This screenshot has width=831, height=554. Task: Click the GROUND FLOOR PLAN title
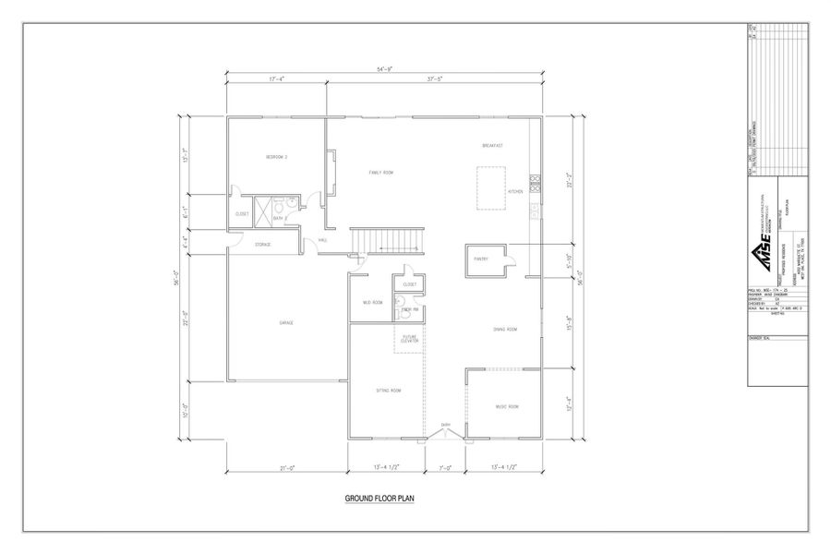pyautogui.click(x=382, y=499)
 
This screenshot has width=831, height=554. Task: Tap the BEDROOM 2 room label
pyautogui.click(x=277, y=157)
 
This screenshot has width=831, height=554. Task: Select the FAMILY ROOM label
pyautogui.click(x=381, y=173)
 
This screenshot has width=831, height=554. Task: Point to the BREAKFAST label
pyautogui.click(x=491, y=146)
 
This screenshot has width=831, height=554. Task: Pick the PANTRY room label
pyautogui.click(x=480, y=260)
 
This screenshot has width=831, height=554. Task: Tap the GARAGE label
pyautogui.click(x=286, y=322)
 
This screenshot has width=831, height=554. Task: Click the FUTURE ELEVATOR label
pyautogui.click(x=410, y=340)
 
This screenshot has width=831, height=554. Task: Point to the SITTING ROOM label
pyautogui.click(x=388, y=391)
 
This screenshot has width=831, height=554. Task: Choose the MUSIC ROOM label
pyautogui.click(x=507, y=406)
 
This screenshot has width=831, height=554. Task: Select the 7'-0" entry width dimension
pyautogui.click(x=444, y=468)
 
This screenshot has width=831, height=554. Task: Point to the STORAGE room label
pyautogui.click(x=263, y=245)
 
